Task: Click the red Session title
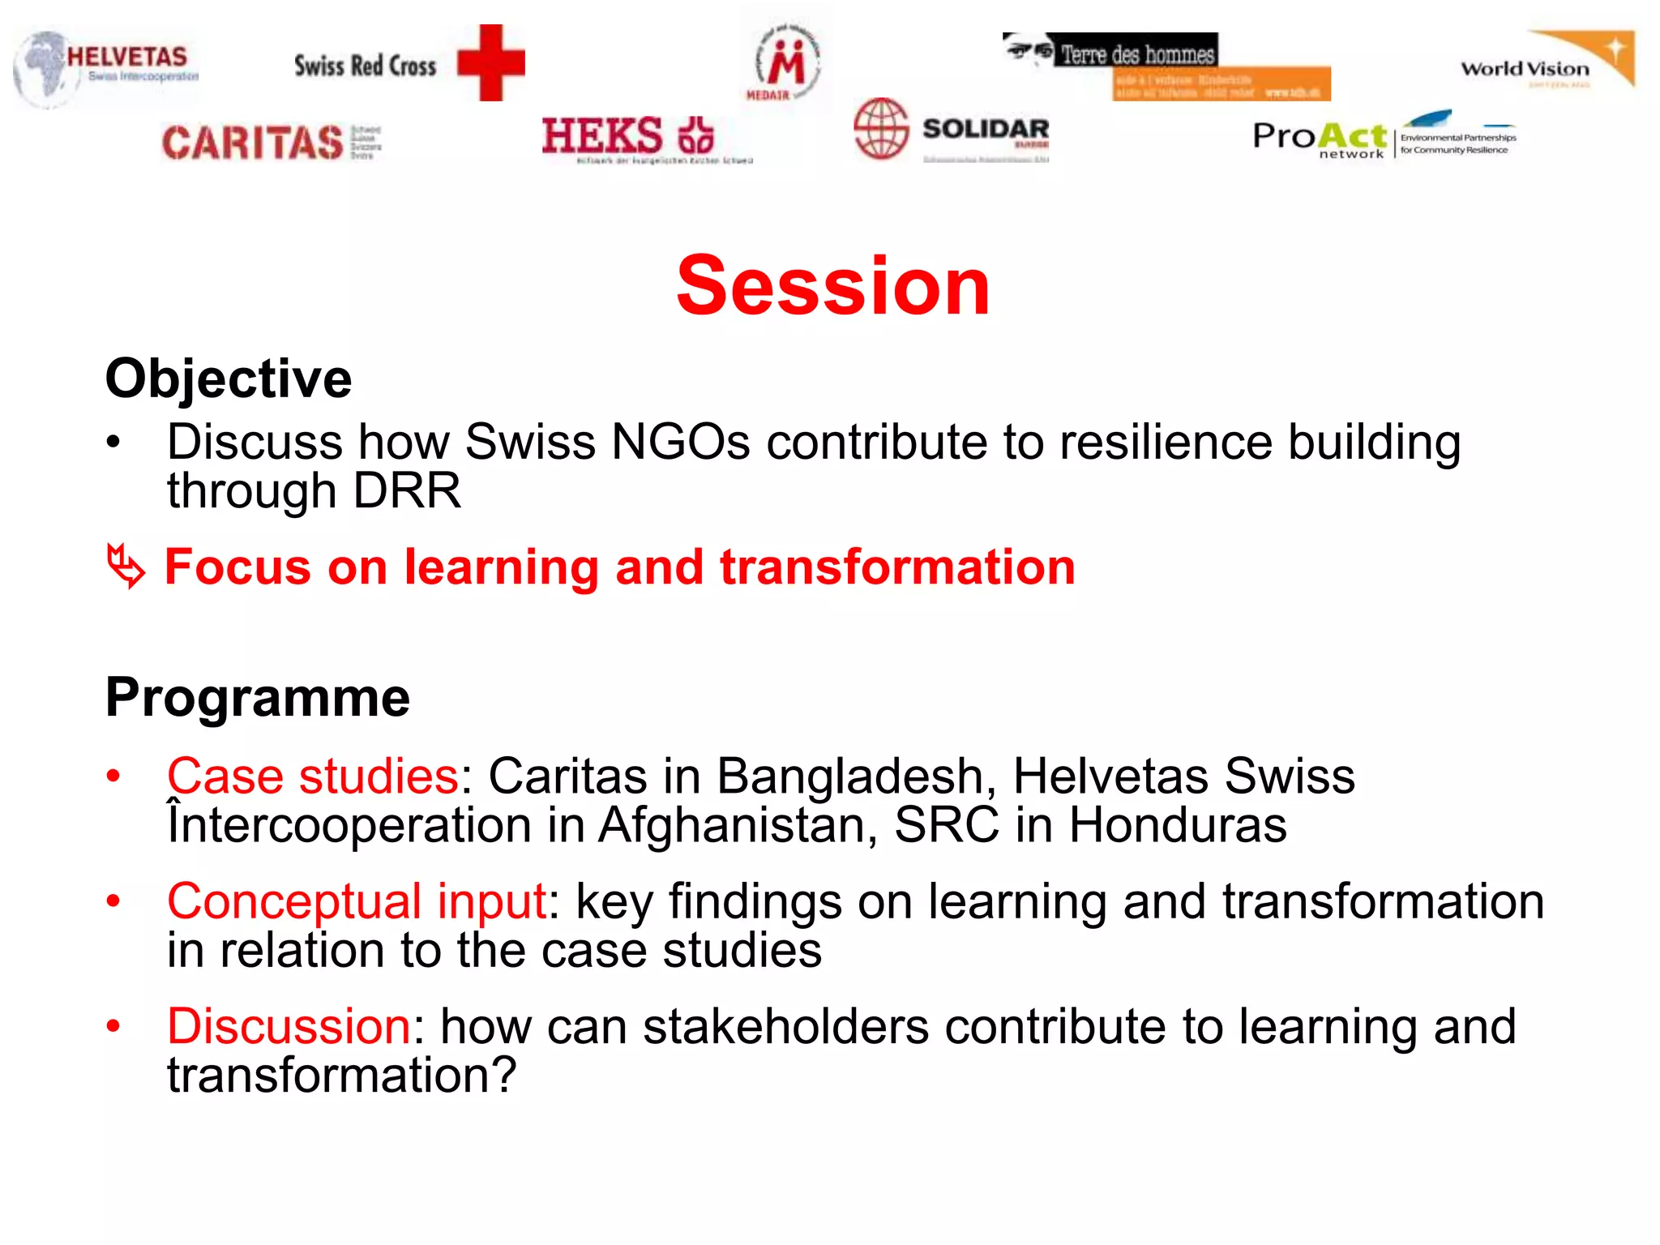(832, 285)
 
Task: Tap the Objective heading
(229, 379)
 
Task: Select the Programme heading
(258, 698)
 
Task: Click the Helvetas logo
(105, 66)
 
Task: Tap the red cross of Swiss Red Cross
(490, 63)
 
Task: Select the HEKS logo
(629, 136)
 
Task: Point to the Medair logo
(784, 63)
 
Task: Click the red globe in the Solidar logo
(880, 128)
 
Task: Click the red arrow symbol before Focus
(126, 565)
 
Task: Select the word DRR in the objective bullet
(407, 491)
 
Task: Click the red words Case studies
(313, 776)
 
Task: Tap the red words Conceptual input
(357, 901)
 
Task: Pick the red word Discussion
(289, 1026)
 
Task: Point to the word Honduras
(1177, 825)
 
